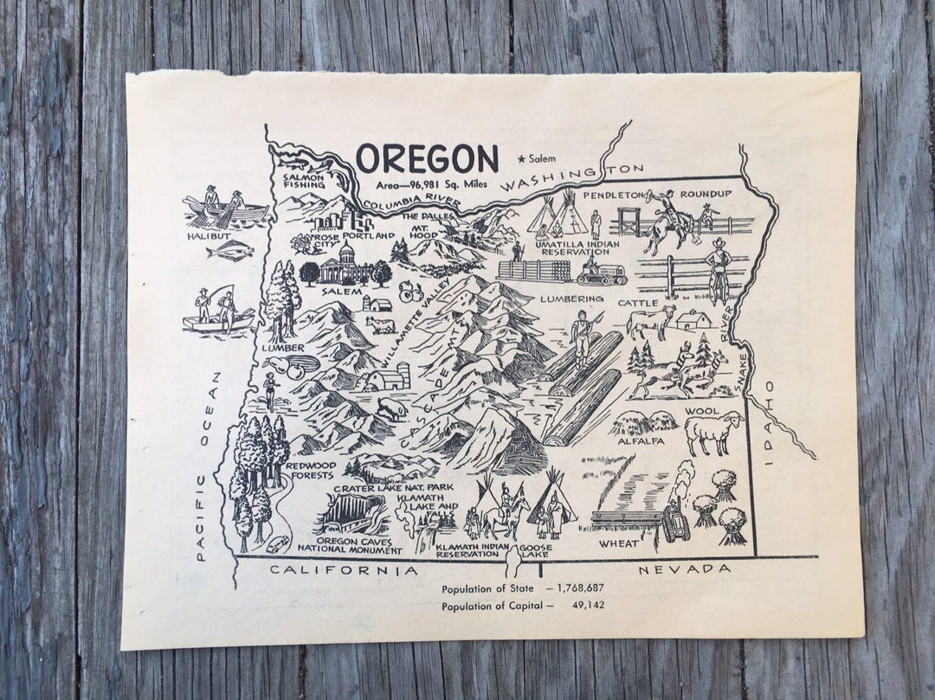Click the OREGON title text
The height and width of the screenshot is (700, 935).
[427, 158]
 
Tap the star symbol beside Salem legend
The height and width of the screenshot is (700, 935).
[520, 158]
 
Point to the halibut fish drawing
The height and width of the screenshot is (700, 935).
[229, 251]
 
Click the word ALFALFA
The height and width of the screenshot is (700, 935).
[642, 440]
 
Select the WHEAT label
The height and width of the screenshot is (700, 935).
[620, 543]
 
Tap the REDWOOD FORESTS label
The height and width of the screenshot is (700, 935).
[309, 471]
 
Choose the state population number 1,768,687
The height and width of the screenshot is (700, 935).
[573, 588]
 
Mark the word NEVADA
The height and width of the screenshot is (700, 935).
[685, 568]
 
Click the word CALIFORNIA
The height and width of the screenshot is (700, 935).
[344, 569]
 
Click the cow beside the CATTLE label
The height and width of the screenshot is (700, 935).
[649, 321]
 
